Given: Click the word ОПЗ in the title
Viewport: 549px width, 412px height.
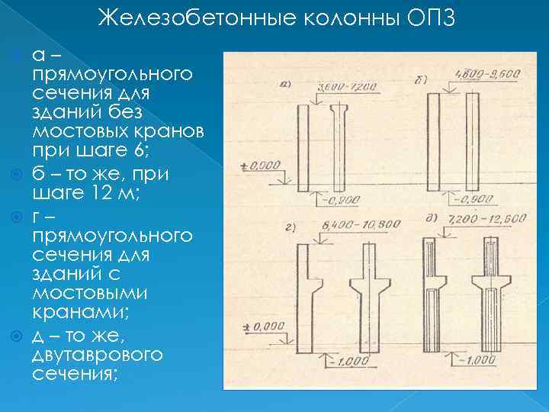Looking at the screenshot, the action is point(431,18).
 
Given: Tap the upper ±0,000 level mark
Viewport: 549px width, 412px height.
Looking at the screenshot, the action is point(258,165).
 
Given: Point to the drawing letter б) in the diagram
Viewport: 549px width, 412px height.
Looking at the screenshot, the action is point(421,79).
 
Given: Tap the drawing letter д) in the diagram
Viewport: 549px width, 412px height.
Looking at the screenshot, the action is point(431,220).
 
